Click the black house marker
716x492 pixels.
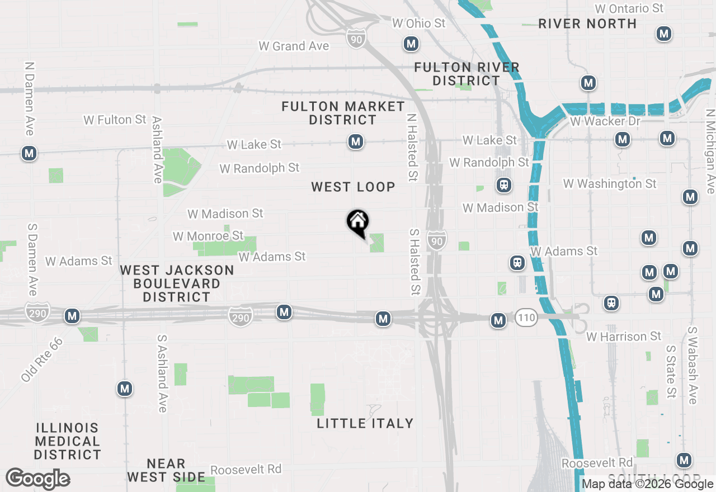click(357, 222)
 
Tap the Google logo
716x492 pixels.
click(38, 479)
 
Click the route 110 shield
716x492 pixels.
click(526, 318)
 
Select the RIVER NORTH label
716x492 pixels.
click(587, 23)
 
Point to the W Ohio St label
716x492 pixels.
click(419, 23)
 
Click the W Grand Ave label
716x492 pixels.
click(294, 46)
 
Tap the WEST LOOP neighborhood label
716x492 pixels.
click(353, 187)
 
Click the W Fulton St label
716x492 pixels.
click(115, 120)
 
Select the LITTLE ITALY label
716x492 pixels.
click(365, 423)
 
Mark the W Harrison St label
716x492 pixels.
click(624, 337)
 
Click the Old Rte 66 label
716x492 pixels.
click(43, 360)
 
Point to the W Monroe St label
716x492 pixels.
click(208, 236)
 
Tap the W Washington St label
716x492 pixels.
click(610, 183)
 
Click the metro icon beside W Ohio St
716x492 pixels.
click(411, 44)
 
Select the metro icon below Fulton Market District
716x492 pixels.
click(356, 142)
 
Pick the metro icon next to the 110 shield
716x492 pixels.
click(498, 320)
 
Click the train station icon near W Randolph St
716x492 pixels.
click(504, 184)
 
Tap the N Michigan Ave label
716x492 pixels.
click(710, 151)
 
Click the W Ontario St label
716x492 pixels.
click(629, 8)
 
